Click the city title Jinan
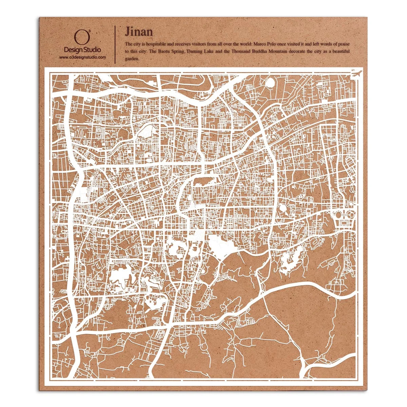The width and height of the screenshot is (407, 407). click(x=139, y=32)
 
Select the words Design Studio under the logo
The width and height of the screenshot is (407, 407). click(x=82, y=50)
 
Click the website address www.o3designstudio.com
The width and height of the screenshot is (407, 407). click(x=82, y=57)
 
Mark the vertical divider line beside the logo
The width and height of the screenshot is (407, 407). click(x=115, y=44)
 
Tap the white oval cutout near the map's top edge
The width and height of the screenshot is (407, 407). click(x=270, y=82)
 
